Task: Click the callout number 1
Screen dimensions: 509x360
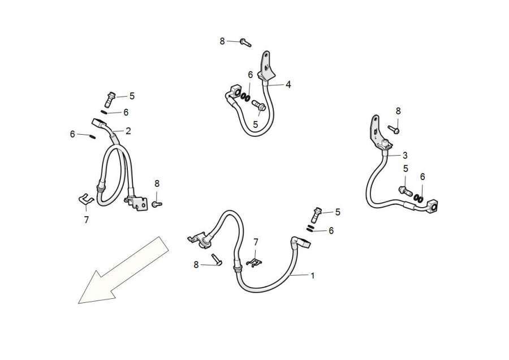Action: click(x=313, y=276)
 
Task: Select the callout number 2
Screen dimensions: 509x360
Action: click(x=128, y=131)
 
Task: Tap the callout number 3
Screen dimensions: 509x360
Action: click(x=405, y=155)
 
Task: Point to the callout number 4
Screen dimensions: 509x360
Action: click(x=288, y=85)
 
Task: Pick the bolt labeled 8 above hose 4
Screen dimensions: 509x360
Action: click(x=246, y=42)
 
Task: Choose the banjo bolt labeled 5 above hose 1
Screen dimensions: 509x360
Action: click(x=316, y=215)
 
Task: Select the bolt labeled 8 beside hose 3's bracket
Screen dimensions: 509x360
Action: click(x=394, y=129)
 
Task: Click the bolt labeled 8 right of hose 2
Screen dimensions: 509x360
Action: click(x=157, y=204)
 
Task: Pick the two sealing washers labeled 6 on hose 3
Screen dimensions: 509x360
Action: click(x=419, y=198)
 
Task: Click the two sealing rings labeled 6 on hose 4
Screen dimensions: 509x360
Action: click(x=245, y=96)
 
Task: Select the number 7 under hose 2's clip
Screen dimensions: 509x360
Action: click(x=87, y=220)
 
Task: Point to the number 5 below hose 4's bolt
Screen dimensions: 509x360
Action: click(x=256, y=125)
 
